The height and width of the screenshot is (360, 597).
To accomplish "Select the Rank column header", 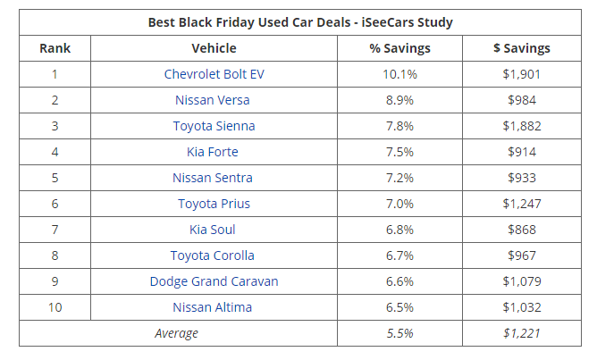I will (55, 48).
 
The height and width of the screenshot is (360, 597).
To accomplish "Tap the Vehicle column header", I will (214, 48).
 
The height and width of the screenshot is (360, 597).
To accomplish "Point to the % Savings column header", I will (399, 48).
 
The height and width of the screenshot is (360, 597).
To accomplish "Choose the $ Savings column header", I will (522, 48).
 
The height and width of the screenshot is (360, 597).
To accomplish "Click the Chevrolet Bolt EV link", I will (214, 74).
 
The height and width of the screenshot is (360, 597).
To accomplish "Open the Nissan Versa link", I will (214, 100).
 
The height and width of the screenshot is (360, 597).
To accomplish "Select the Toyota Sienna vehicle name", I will (214, 126).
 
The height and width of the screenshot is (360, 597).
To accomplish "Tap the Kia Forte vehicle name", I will (214, 152).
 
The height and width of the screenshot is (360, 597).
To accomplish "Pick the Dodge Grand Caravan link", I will (214, 281).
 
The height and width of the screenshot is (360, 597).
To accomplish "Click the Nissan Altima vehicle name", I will (214, 307).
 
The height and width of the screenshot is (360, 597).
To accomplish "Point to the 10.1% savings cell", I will (399, 74).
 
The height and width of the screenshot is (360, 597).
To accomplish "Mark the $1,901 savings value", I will (522, 74).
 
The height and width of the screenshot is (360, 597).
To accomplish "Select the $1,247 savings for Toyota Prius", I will (522, 204).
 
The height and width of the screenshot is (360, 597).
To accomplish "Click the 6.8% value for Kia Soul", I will (399, 230).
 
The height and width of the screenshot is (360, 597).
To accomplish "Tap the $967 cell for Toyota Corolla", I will (522, 255).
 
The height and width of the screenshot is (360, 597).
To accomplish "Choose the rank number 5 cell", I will (55, 178).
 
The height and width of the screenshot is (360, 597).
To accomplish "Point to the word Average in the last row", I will (178, 333).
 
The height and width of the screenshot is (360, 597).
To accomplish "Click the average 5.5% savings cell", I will (399, 333).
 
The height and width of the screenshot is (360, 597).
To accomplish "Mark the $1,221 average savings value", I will (522, 333).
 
